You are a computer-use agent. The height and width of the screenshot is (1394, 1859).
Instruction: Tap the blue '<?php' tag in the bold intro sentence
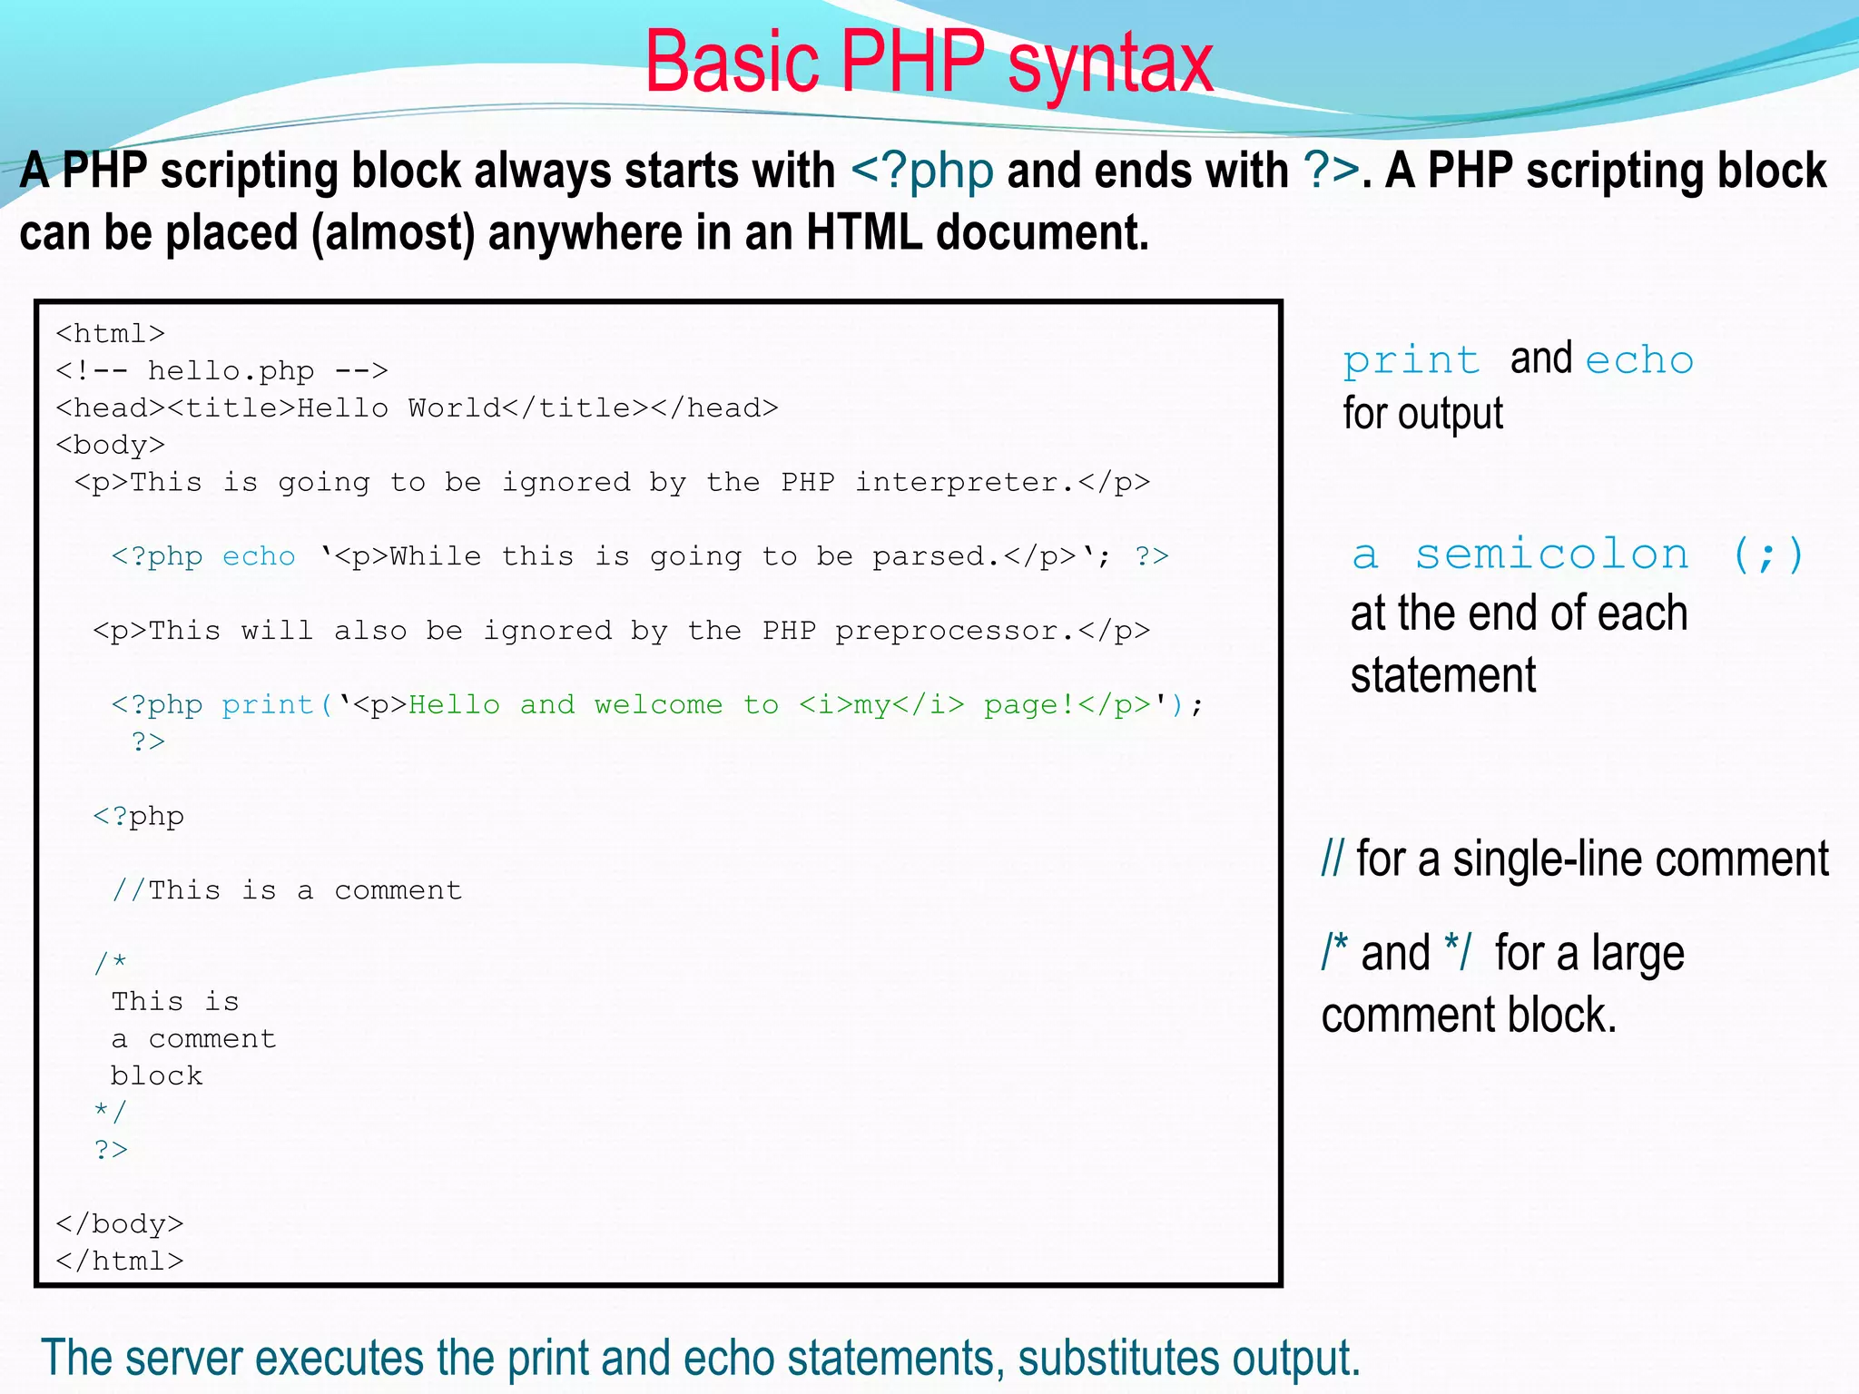(x=922, y=172)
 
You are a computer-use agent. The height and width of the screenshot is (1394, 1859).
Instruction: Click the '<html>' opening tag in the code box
(x=110, y=334)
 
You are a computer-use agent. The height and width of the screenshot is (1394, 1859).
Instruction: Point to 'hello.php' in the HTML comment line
(x=231, y=371)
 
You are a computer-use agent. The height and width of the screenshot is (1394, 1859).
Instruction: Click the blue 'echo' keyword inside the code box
(x=259, y=556)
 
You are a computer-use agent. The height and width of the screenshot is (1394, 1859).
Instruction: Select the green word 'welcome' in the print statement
(x=658, y=705)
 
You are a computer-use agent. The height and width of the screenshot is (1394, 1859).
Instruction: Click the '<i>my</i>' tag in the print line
(x=880, y=705)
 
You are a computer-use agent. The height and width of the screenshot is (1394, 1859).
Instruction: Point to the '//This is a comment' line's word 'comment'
(x=398, y=890)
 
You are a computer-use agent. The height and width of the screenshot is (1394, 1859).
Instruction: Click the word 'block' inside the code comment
(x=156, y=1075)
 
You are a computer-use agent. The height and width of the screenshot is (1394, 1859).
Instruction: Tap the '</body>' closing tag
(x=119, y=1224)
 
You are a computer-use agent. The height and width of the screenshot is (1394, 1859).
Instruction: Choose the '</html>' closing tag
(x=119, y=1261)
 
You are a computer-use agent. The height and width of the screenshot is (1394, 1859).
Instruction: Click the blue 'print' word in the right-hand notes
(x=1411, y=361)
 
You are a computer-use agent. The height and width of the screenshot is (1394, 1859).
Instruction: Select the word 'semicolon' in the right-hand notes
(x=1551, y=555)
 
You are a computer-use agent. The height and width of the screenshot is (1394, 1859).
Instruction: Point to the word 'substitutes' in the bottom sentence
(x=1117, y=1359)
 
